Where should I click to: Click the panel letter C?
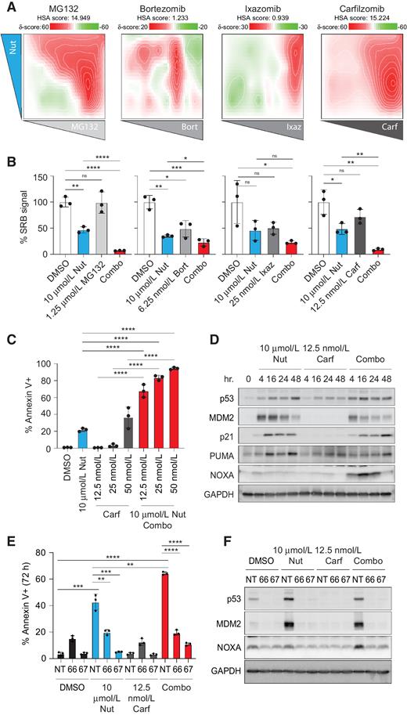pyautogui.click(x=10, y=320)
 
